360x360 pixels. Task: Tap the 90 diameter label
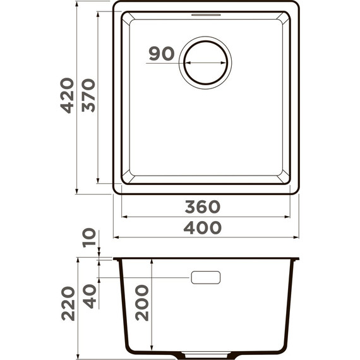pyautogui.click(x=162, y=54)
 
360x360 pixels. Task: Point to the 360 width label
pyautogui.click(x=203, y=207)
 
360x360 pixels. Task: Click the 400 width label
pyautogui.click(x=203, y=227)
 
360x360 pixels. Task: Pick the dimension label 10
pyautogui.click(x=89, y=237)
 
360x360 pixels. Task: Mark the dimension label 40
pyautogui.click(x=89, y=295)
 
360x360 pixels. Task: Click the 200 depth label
pyautogui.click(x=141, y=302)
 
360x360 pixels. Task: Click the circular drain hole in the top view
pyautogui.click(x=205, y=63)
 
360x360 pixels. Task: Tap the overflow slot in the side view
pyautogui.click(x=205, y=277)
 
